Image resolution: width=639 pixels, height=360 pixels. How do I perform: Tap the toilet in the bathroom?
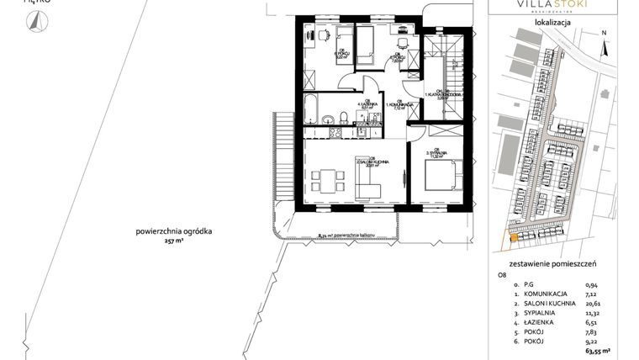click(345, 116)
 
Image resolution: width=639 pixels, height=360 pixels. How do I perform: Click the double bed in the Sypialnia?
click(441, 175)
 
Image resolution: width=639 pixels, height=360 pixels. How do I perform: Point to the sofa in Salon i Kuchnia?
click(368, 179)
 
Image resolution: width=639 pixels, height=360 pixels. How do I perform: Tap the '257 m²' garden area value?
click(174, 241)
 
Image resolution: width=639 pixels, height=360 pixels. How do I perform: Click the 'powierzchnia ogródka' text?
click(174, 230)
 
